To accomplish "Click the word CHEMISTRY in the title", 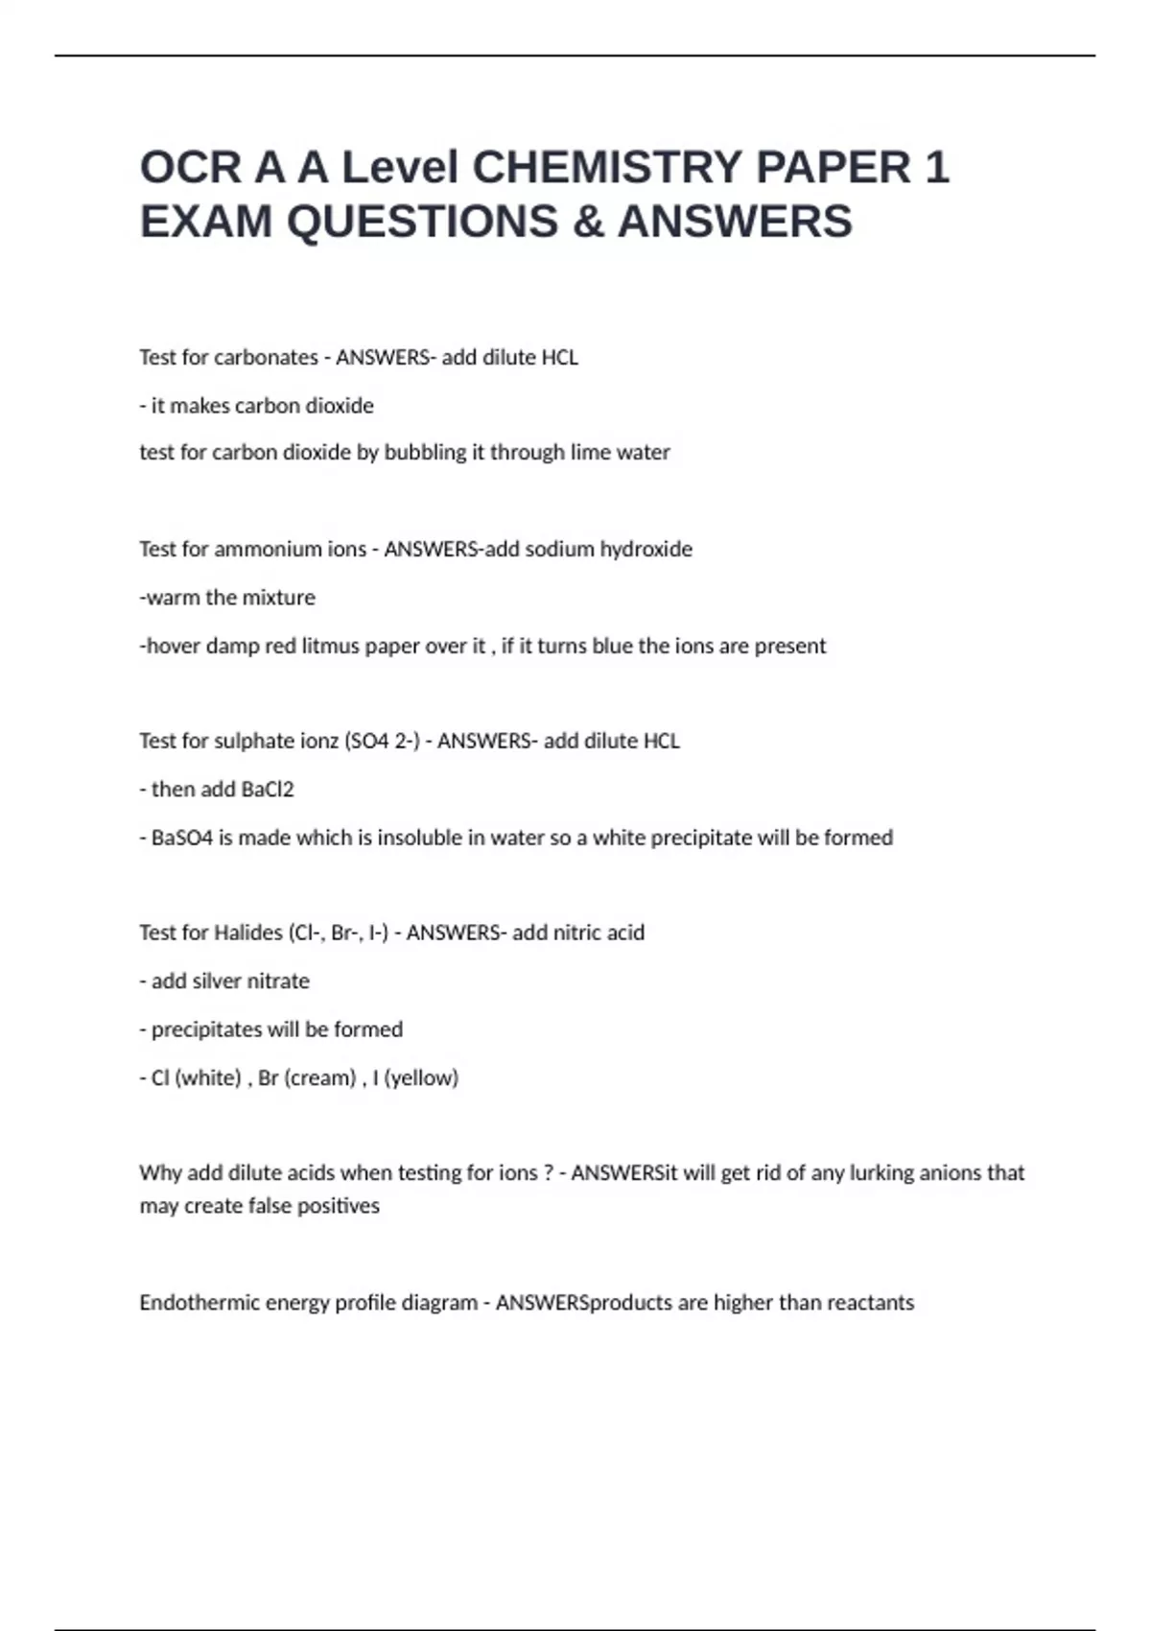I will click(x=608, y=167).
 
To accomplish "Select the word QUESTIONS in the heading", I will click(x=423, y=222).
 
